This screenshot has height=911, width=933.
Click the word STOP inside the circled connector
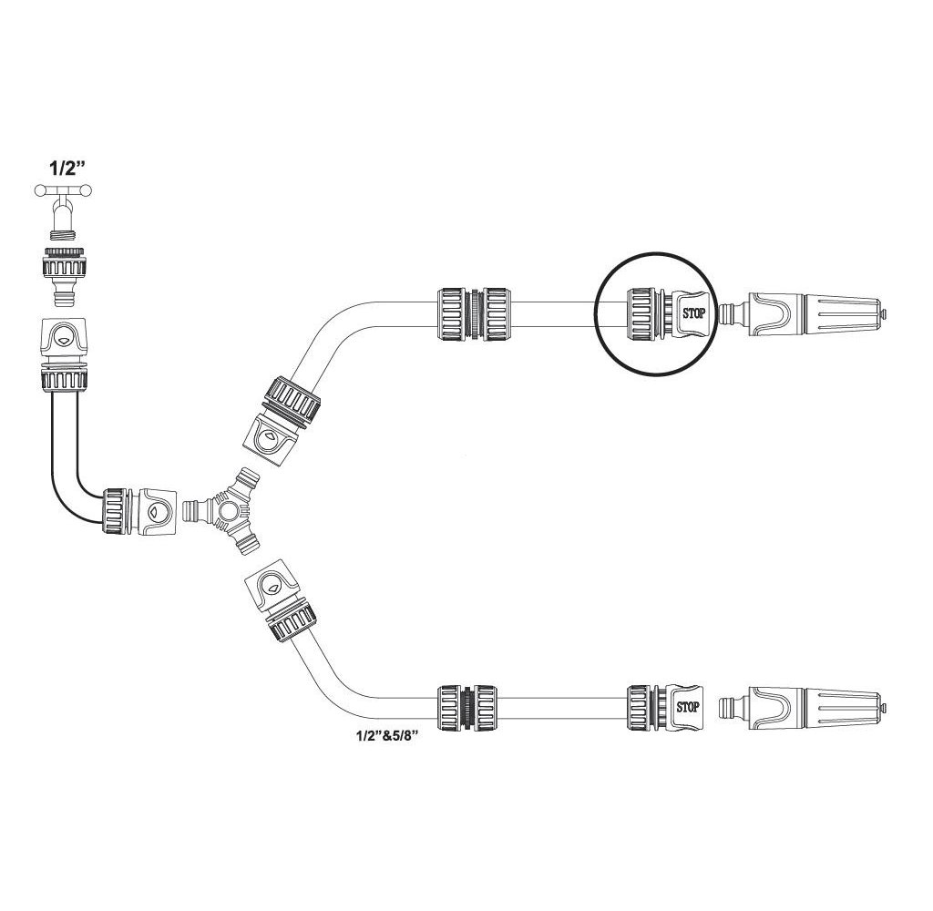pyautogui.click(x=694, y=312)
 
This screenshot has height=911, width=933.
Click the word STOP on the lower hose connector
pyautogui.click(x=690, y=705)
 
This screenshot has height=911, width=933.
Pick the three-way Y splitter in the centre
pyautogui.click(x=224, y=511)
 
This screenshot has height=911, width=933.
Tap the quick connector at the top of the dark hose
pyautogui.click(x=63, y=351)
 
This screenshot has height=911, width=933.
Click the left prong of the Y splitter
pyautogui.click(x=193, y=510)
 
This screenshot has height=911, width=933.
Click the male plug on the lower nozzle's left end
pyautogui.click(x=730, y=708)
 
